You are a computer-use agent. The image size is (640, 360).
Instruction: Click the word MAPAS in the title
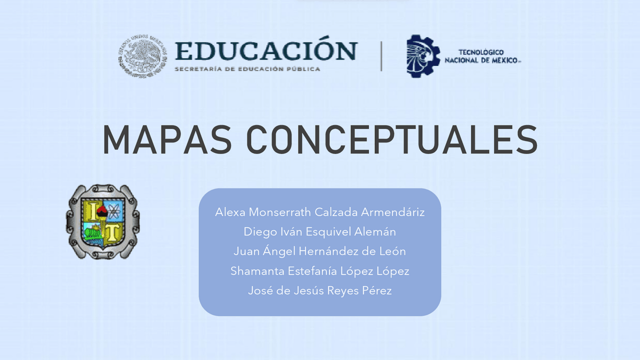coord(167,139)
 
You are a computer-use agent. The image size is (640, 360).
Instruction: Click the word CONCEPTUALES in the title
coord(392,139)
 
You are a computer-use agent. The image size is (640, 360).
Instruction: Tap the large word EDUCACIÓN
coord(266,51)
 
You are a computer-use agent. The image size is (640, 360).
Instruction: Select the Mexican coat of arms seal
coord(143,55)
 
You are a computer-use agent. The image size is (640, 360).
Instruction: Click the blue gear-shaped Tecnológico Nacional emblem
coord(423,55)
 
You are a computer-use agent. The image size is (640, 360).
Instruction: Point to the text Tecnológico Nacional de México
coord(482,56)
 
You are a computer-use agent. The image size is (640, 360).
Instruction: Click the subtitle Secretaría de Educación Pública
coord(247,68)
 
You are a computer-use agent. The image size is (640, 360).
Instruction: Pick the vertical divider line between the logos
coord(381,55)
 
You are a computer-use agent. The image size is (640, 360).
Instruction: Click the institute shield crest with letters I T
coord(103,221)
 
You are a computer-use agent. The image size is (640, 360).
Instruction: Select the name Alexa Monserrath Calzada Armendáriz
coord(320,212)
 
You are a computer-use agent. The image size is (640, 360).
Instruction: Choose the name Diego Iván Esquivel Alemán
coord(320,231)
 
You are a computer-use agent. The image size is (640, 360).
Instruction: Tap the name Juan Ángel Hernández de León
coord(320,251)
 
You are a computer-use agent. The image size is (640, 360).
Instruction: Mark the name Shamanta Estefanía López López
coord(320,271)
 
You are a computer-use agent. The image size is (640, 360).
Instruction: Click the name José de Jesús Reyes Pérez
coord(320,290)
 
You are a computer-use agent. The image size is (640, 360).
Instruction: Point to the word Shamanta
coord(257,271)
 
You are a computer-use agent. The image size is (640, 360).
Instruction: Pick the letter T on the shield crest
coord(113,232)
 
